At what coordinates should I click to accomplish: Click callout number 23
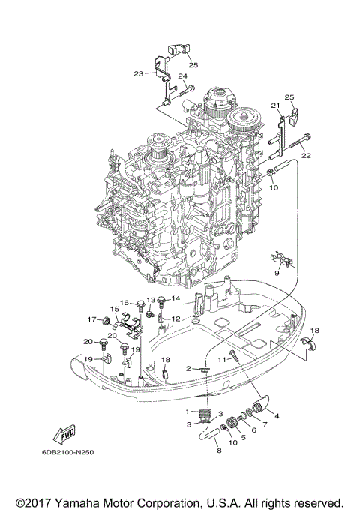click(139, 73)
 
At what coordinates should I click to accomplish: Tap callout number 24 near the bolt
click(182, 76)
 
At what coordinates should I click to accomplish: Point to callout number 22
click(305, 156)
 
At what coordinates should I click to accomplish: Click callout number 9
click(276, 274)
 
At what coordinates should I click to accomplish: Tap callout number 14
click(175, 299)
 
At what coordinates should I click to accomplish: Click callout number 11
click(221, 361)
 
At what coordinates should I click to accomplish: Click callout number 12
click(175, 319)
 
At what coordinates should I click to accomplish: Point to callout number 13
click(150, 300)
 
